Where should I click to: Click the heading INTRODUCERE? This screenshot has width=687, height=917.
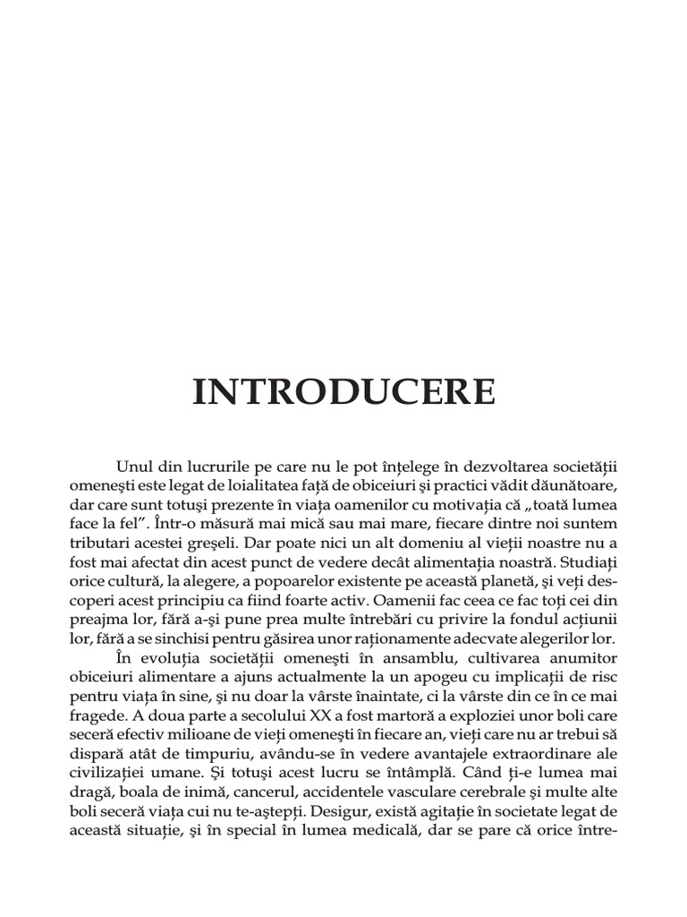[x=343, y=393]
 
